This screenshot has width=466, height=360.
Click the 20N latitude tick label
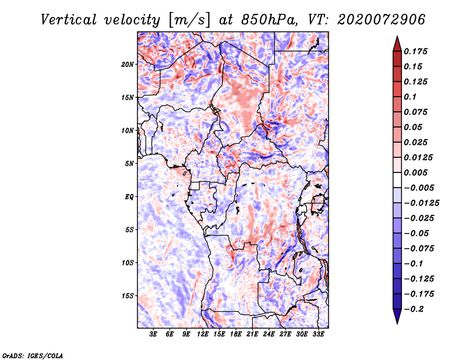pos(128,64)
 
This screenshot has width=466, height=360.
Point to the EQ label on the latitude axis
pos(129,197)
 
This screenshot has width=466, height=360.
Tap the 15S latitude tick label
pos(128,296)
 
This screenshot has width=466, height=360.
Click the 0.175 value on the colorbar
pos(417,51)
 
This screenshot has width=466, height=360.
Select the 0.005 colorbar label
pos(417,172)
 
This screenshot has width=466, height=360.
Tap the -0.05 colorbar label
pos(417,233)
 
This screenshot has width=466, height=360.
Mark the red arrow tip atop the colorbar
pos(397,40)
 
